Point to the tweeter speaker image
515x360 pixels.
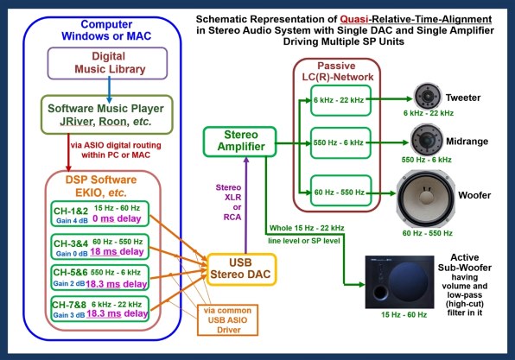point(427,97)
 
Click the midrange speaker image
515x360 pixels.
point(426,140)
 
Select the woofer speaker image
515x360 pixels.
point(426,199)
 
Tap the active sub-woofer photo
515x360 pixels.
point(400,282)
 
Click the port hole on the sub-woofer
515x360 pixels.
point(380,292)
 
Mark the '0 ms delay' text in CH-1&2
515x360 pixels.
point(117,218)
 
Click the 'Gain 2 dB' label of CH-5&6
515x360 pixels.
point(69,283)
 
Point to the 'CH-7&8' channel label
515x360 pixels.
point(69,305)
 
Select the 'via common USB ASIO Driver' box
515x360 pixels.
point(227,320)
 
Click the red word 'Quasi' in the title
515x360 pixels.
point(353,19)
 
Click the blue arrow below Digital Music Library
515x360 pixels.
point(110,90)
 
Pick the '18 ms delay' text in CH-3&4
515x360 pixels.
point(117,252)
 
